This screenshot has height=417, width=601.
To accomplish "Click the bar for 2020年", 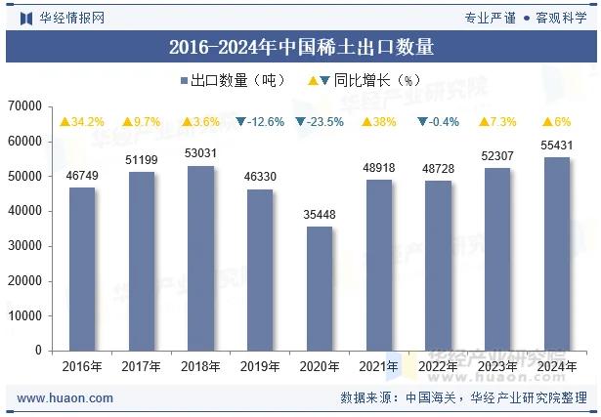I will pos(320,288).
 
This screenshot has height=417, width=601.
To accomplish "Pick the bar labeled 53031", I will pos(201,258).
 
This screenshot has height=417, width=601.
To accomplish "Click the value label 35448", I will pos(320,215).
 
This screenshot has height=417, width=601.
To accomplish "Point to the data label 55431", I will pos(557,146).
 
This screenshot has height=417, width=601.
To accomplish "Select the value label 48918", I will pos(379,168).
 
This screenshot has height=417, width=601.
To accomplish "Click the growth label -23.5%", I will pos(320,122).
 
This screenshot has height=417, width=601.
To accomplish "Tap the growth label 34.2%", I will pos(82,122).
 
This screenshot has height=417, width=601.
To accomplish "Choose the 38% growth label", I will pos(379,122).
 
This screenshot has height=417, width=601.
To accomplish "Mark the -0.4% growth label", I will pos(439,122).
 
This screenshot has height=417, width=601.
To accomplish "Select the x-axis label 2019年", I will pos(260,366).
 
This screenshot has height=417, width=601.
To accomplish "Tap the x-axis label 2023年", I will pos(497,366).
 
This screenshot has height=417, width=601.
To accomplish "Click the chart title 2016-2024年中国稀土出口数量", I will pos(301,46).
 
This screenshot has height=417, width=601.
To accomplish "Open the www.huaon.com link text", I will pos(65,398).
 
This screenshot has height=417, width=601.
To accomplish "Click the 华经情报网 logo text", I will pos(71,18).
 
